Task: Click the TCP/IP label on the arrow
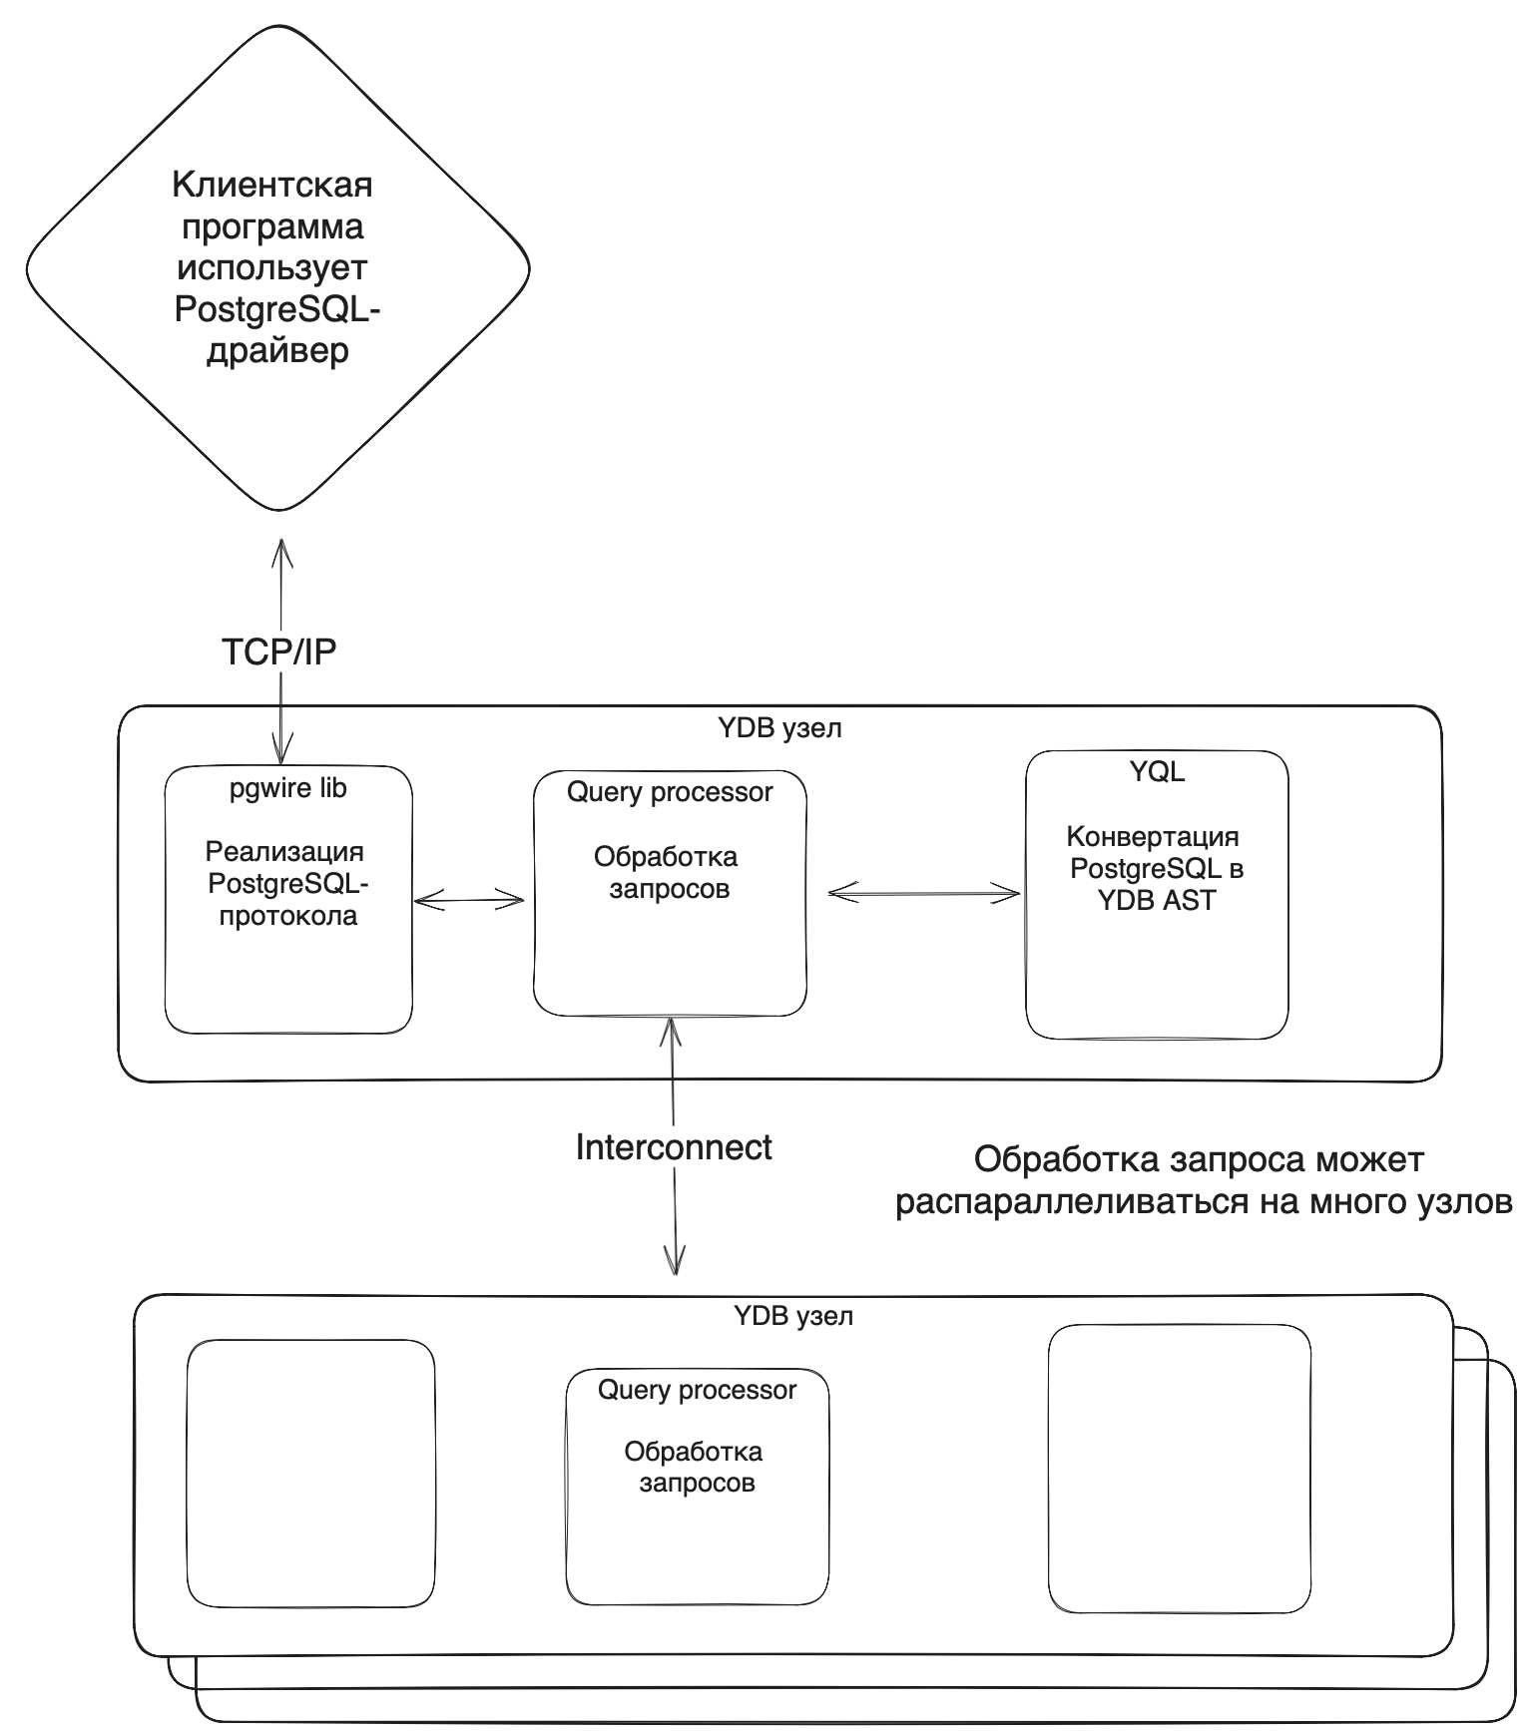(278, 651)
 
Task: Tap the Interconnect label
(674, 1147)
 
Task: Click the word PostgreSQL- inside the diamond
(277, 310)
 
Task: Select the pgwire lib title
(288, 788)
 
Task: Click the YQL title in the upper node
(1157, 771)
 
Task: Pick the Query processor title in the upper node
(670, 792)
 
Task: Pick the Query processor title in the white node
(697, 1390)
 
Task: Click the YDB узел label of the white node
(793, 1316)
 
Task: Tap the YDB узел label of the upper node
(780, 728)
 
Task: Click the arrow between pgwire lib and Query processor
(470, 901)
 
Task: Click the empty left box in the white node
(311, 1473)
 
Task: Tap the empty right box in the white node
(1179, 1469)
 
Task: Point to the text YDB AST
(1157, 900)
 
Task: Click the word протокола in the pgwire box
(288, 916)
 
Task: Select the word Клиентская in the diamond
(272, 186)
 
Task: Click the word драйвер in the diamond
(277, 352)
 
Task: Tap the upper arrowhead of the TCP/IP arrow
(282, 547)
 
